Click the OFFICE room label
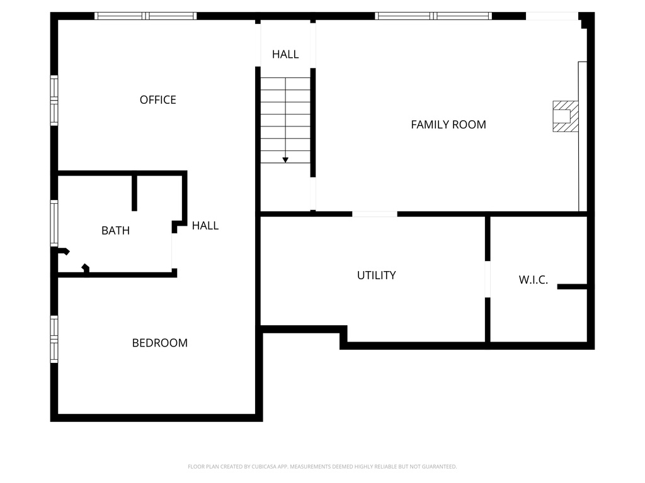pyautogui.click(x=158, y=100)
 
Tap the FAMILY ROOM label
pyautogui.click(x=448, y=125)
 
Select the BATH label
pyautogui.click(x=115, y=231)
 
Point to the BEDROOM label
pyautogui.click(x=159, y=343)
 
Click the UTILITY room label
pyautogui.click(x=376, y=275)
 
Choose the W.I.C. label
pyautogui.click(x=534, y=280)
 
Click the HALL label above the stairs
pyautogui.click(x=285, y=55)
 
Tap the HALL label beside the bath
pyautogui.click(x=205, y=225)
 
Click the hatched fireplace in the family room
pyautogui.click(x=565, y=116)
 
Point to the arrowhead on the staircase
pyautogui.click(x=285, y=160)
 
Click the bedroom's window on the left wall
pyautogui.click(x=54, y=339)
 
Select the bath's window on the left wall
pyautogui.click(x=54, y=223)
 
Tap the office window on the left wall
pyautogui.click(x=54, y=101)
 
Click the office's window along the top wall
pyautogui.click(x=146, y=16)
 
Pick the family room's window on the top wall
pyautogui.click(x=433, y=16)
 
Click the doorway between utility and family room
pyautogui.click(x=375, y=214)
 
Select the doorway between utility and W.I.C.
pyautogui.click(x=488, y=279)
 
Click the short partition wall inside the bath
pyautogui.click(x=134, y=192)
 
